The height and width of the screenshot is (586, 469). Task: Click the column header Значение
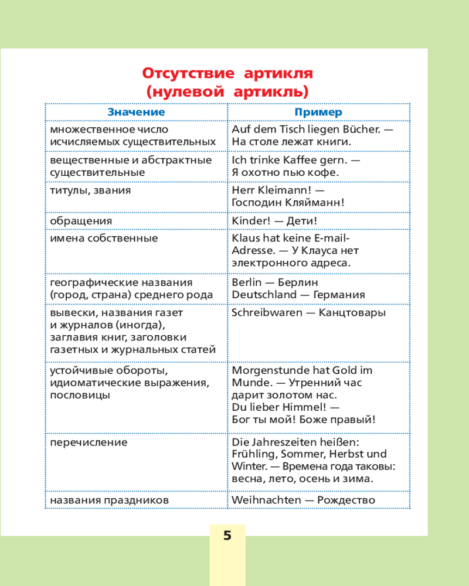tap(136, 112)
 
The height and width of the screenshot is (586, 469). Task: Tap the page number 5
tap(227, 536)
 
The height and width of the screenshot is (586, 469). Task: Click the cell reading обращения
tap(81, 221)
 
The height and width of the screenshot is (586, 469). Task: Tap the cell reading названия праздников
tap(110, 500)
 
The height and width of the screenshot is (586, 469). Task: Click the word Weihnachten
tap(267, 500)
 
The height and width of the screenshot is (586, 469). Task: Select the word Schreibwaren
tap(266, 312)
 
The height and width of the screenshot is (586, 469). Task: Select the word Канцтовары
tap(352, 312)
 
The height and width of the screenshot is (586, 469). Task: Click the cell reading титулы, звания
tap(90, 190)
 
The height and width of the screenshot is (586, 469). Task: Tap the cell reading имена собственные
tap(104, 239)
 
